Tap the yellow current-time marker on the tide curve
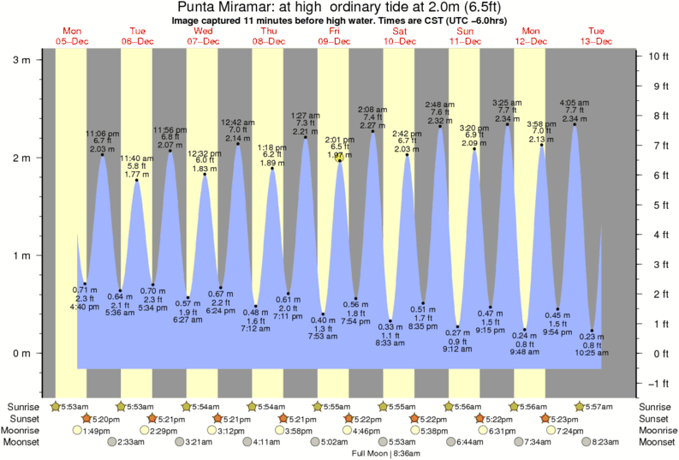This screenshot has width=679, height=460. (x=340, y=158)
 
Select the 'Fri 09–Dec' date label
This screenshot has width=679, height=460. (x=333, y=35)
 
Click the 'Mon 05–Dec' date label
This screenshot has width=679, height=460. (x=72, y=35)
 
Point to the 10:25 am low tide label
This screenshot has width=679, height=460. (x=592, y=352)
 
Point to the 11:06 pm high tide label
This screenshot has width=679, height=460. (x=102, y=134)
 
